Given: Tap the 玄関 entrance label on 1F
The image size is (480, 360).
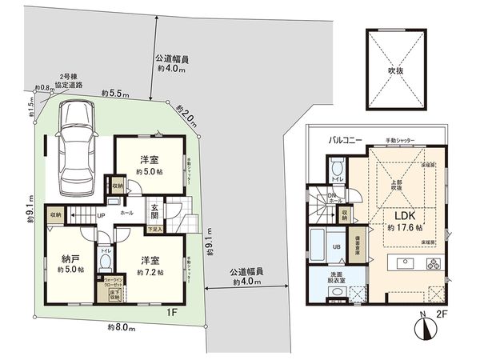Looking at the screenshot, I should tap(155, 212).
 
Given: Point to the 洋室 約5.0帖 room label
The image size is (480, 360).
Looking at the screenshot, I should tap(149, 164).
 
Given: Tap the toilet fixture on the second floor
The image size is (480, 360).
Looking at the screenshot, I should tap(335, 167).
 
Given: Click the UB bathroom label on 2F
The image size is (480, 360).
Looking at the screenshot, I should tap(337, 246).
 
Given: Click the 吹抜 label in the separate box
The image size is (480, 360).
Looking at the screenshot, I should tap(398, 70).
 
